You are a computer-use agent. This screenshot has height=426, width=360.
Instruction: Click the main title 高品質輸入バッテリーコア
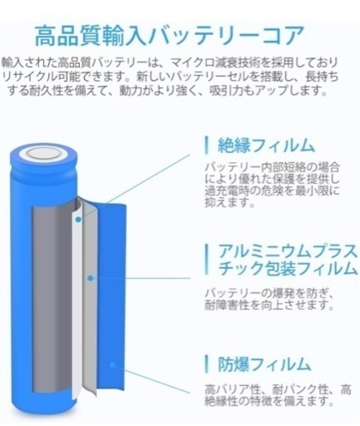[x=170, y=36]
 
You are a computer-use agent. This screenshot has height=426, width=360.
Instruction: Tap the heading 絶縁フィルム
[x=266, y=146]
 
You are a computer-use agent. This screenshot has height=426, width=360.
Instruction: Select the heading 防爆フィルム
[x=264, y=364]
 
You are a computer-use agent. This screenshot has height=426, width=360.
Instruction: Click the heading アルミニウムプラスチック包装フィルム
[x=287, y=260]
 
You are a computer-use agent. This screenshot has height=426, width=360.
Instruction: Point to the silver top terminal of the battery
[x=44, y=153]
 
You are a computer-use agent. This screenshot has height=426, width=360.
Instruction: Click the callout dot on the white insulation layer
[x=78, y=220]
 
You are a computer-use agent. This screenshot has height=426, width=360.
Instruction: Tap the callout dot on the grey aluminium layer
[x=90, y=278]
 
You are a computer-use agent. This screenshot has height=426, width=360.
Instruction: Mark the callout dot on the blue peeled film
[x=112, y=364]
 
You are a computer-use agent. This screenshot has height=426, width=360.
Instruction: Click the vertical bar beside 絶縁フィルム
[x=206, y=146]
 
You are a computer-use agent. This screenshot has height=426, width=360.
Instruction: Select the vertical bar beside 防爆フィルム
[x=206, y=364]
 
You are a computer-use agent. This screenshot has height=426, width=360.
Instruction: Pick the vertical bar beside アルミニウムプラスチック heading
[x=206, y=260]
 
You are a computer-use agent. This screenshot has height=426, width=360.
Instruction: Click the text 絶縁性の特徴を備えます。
[x=269, y=401]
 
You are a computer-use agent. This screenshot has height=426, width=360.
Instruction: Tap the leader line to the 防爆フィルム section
[x=151, y=379]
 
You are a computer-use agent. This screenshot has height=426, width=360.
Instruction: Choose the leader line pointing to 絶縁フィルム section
[x=135, y=187]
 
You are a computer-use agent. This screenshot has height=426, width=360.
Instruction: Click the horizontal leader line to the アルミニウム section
[x=141, y=278]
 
